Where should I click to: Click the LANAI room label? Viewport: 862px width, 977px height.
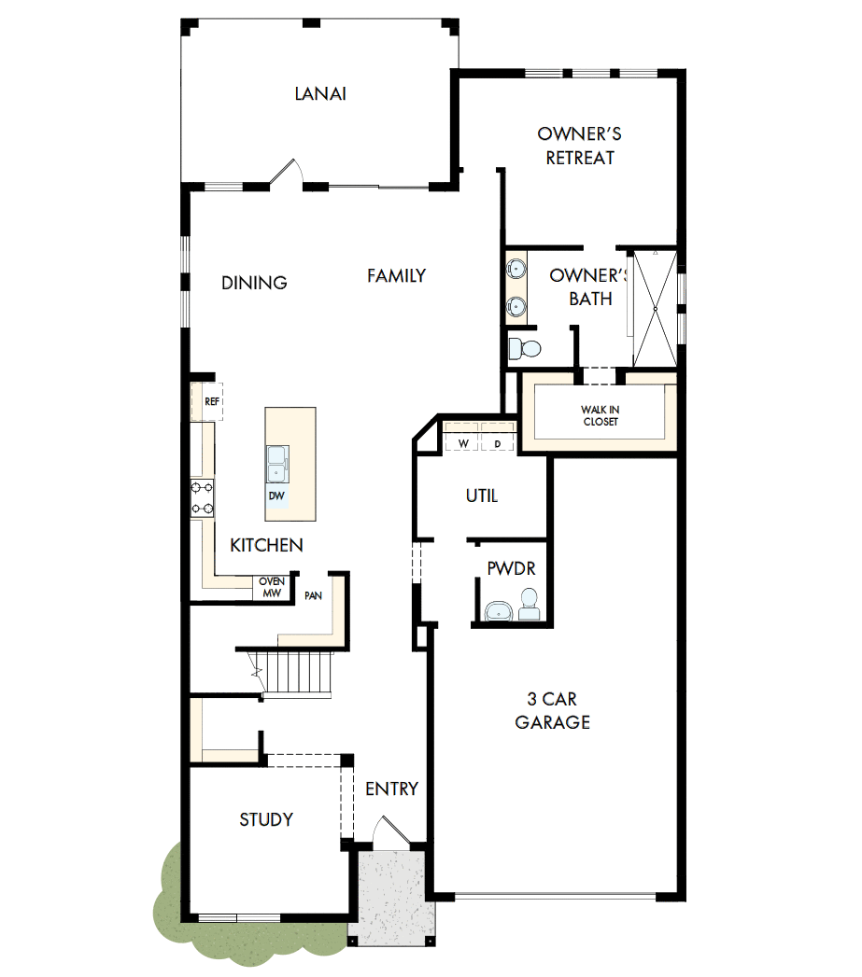click(320, 93)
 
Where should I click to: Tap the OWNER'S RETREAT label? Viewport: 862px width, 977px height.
click(580, 146)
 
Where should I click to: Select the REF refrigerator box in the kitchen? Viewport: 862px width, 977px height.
click(212, 401)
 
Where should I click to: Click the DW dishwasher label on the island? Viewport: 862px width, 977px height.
click(276, 495)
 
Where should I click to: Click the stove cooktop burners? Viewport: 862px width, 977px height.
click(203, 497)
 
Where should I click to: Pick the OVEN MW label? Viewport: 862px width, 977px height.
click(271, 587)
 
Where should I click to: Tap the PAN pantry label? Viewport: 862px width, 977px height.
click(313, 595)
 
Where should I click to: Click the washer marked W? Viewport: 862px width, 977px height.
click(463, 443)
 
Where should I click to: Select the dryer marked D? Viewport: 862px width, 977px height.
click(498, 443)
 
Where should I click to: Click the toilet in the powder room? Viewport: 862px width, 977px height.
click(529, 605)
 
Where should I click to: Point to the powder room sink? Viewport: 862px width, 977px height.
click(499, 611)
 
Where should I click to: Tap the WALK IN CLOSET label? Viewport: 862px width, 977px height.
click(599, 415)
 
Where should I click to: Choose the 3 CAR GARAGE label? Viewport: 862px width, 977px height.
click(553, 710)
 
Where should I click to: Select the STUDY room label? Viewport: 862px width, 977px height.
click(266, 819)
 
